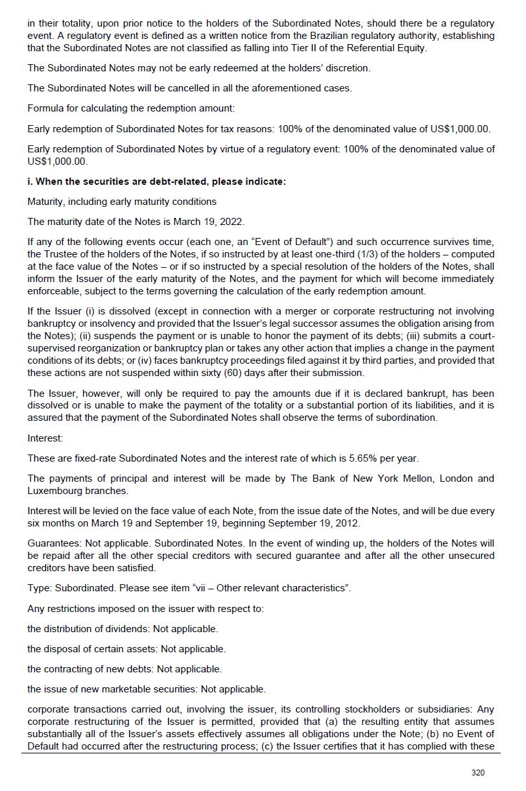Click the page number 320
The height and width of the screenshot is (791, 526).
[478, 772]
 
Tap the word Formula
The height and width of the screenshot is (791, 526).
[45, 108]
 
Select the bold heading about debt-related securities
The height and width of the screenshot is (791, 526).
[156, 182]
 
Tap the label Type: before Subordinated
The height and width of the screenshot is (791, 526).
[40, 588]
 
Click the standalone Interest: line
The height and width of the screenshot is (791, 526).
[45, 438]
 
